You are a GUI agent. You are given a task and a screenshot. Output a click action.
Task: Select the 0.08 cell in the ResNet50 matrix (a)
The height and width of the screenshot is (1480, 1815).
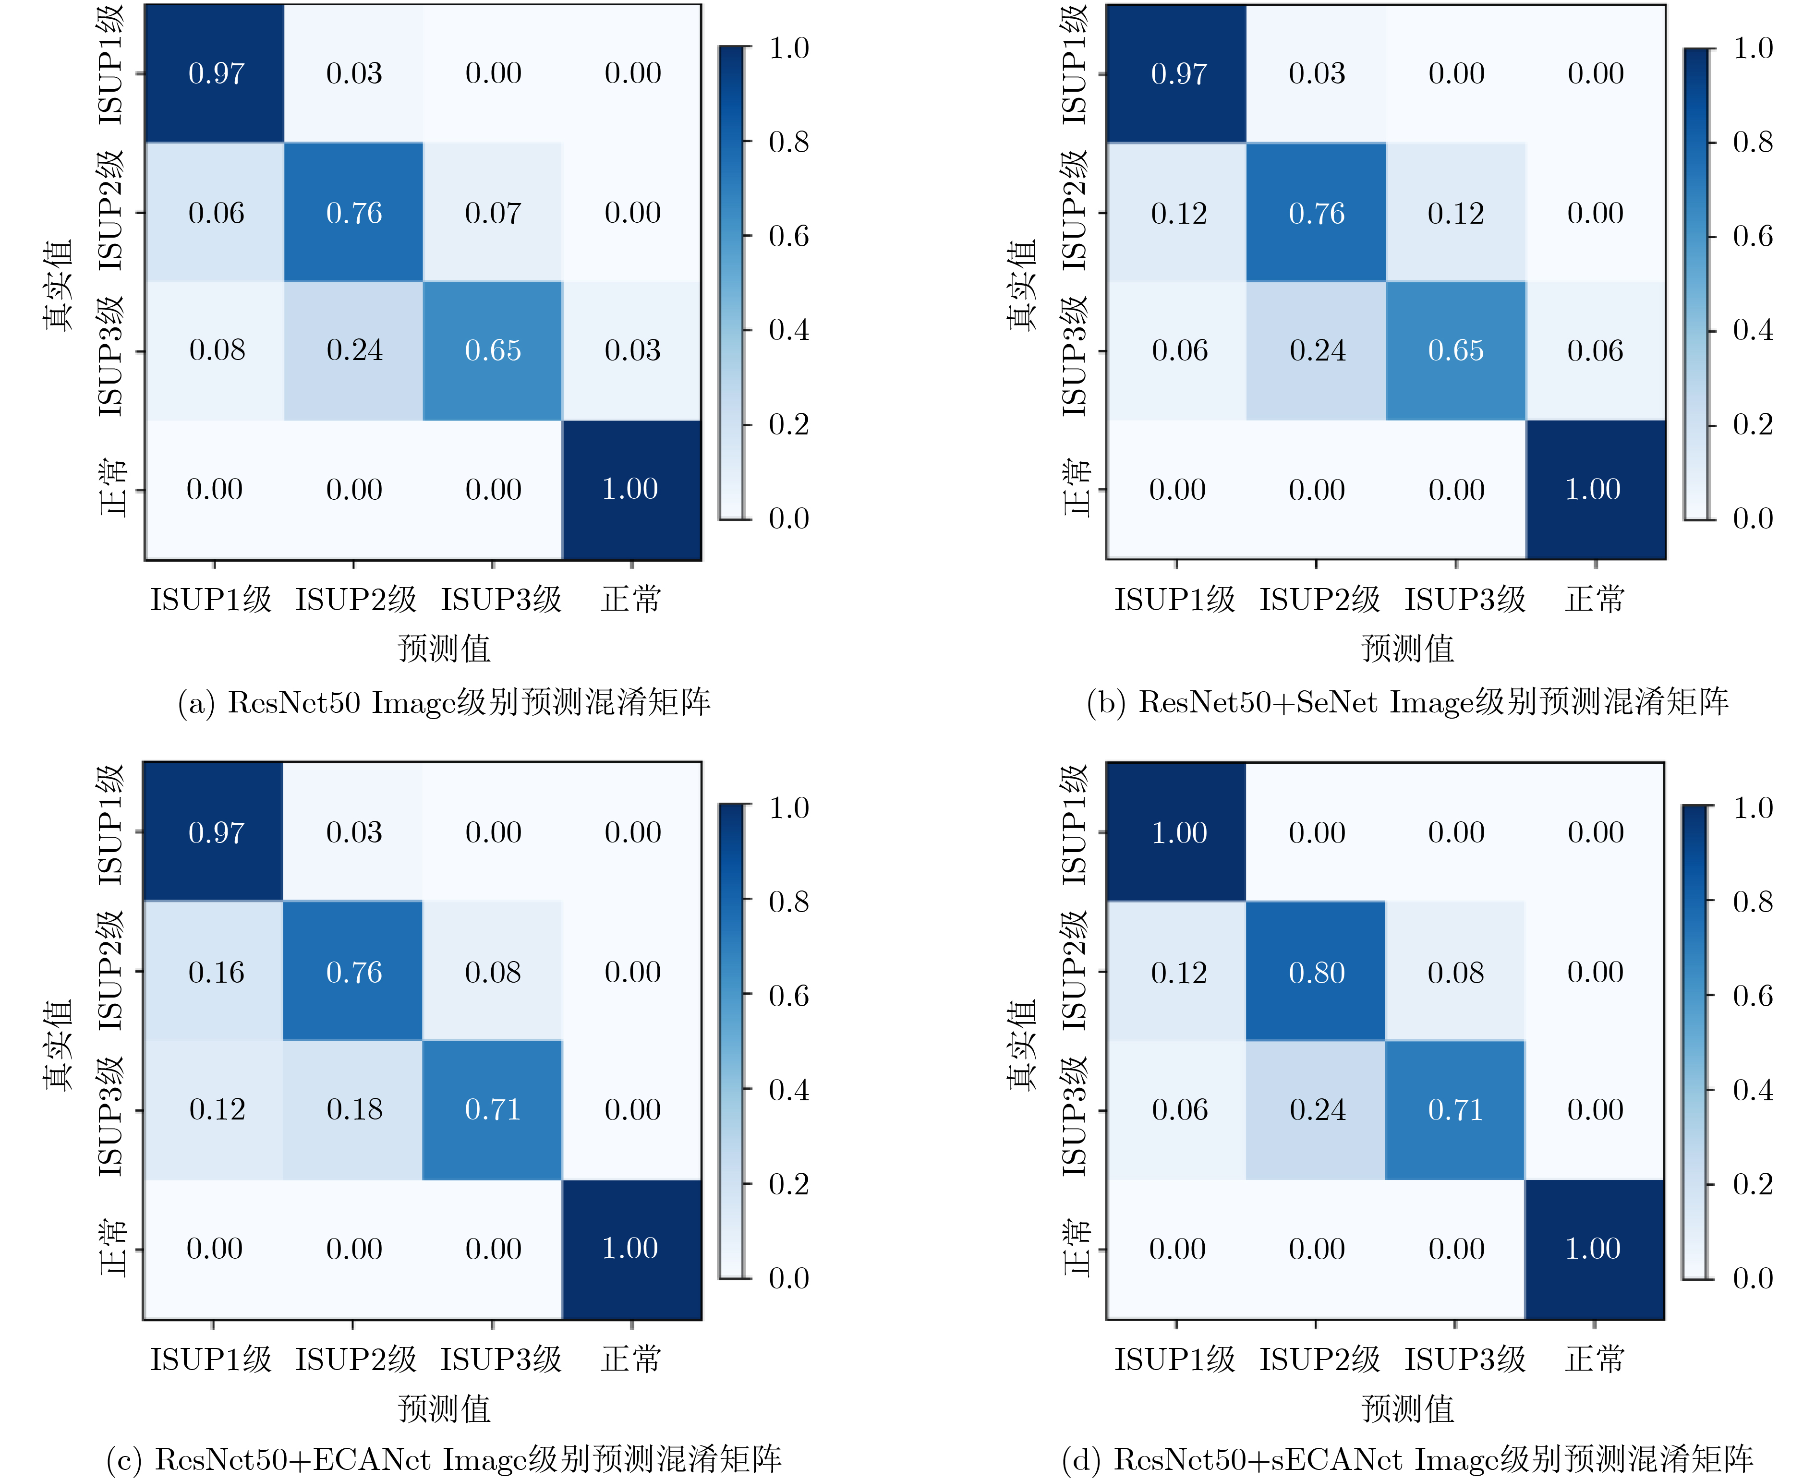click(x=217, y=350)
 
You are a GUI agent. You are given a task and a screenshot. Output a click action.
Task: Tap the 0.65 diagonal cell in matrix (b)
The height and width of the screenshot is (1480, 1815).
click(x=1456, y=350)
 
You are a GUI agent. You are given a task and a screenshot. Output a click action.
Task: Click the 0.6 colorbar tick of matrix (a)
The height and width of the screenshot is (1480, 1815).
click(x=788, y=236)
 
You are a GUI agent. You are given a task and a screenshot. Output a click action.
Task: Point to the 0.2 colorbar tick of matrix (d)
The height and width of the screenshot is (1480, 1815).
click(x=1753, y=1184)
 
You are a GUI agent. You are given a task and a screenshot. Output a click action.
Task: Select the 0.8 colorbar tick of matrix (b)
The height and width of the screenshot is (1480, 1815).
click(x=1753, y=142)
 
